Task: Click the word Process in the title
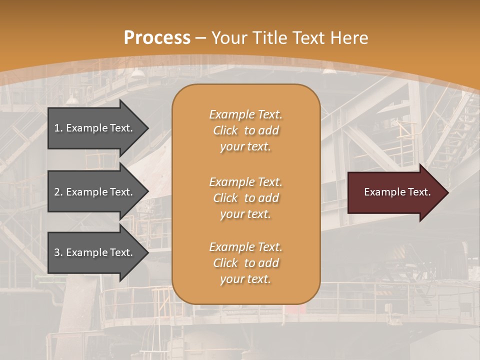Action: click(x=157, y=38)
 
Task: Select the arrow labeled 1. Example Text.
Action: click(x=95, y=128)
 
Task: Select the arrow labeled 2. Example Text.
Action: click(x=95, y=192)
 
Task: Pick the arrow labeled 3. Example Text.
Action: click(x=95, y=252)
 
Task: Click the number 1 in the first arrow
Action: click(x=57, y=128)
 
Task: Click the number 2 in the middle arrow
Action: click(x=57, y=192)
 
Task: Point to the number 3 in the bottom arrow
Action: click(x=57, y=252)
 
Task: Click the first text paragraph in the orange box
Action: click(x=245, y=130)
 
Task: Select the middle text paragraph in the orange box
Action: click(x=245, y=198)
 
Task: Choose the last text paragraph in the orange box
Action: click(x=245, y=263)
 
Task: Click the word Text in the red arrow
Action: click(x=419, y=192)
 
